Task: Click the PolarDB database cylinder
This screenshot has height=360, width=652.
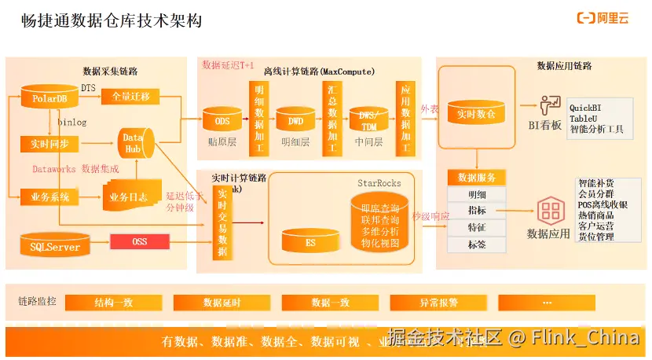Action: (x=49, y=98)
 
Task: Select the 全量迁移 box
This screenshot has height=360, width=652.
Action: (x=130, y=97)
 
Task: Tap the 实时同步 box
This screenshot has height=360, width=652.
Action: (x=49, y=143)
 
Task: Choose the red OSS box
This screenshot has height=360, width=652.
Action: (x=140, y=241)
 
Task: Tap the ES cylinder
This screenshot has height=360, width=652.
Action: (x=310, y=243)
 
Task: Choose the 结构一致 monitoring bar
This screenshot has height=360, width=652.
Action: (x=113, y=303)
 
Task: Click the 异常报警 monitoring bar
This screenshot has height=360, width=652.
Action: (x=438, y=303)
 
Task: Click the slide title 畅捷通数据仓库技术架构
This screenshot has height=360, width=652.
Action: (x=112, y=20)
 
